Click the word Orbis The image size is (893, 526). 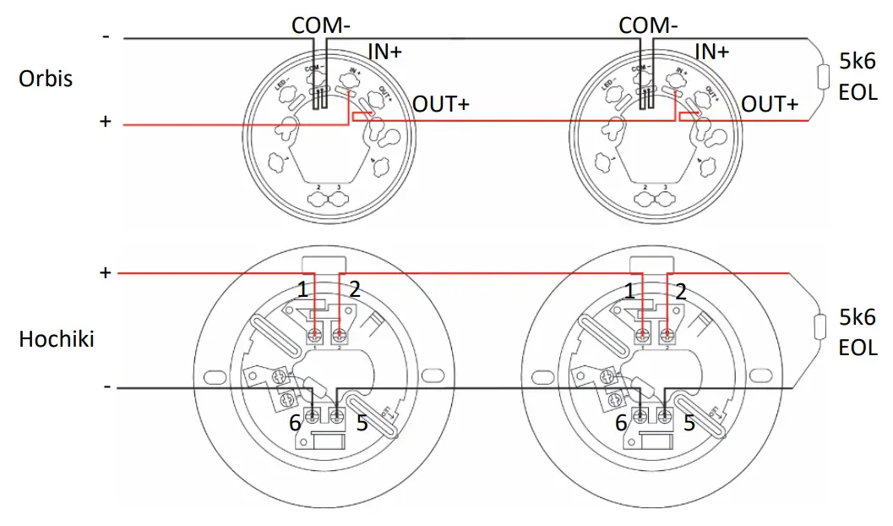click(x=46, y=79)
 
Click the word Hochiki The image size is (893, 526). click(x=57, y=340)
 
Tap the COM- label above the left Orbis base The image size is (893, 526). click(x=321, y=25)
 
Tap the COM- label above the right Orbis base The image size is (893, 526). click(x=648, y=25)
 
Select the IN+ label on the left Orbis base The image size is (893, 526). click(x=384, y=52)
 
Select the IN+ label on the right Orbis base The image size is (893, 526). click(x=711, y=52)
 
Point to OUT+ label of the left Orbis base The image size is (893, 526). click(x=441, y=104)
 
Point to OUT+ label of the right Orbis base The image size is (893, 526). click(x=769, y=104)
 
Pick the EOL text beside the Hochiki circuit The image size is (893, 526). click(x=858, y=348)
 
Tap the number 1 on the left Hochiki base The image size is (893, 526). click(x=302, y=290)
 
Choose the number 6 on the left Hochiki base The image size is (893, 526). click(x=296, y=423)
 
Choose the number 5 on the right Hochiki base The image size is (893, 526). click(x=689, y=423)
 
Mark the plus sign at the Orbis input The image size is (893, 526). click(x=106, y=123)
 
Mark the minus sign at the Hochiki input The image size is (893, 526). click(x=106, y=386)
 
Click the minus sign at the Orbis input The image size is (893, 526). click(x=106, y=37)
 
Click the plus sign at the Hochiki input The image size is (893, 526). click(x=106, y=272)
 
